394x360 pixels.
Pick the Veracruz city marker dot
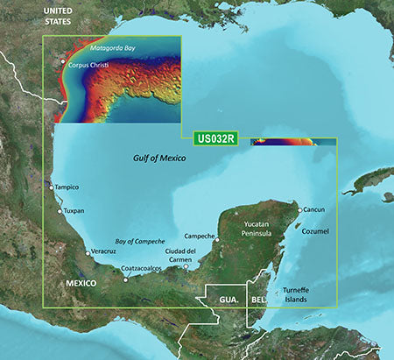click(87, 252)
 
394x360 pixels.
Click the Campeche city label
click(200, 236)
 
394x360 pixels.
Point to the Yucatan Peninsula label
click(263, 229)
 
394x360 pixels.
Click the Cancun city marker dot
click(299, 210)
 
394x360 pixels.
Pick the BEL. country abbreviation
click(259, 299)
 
